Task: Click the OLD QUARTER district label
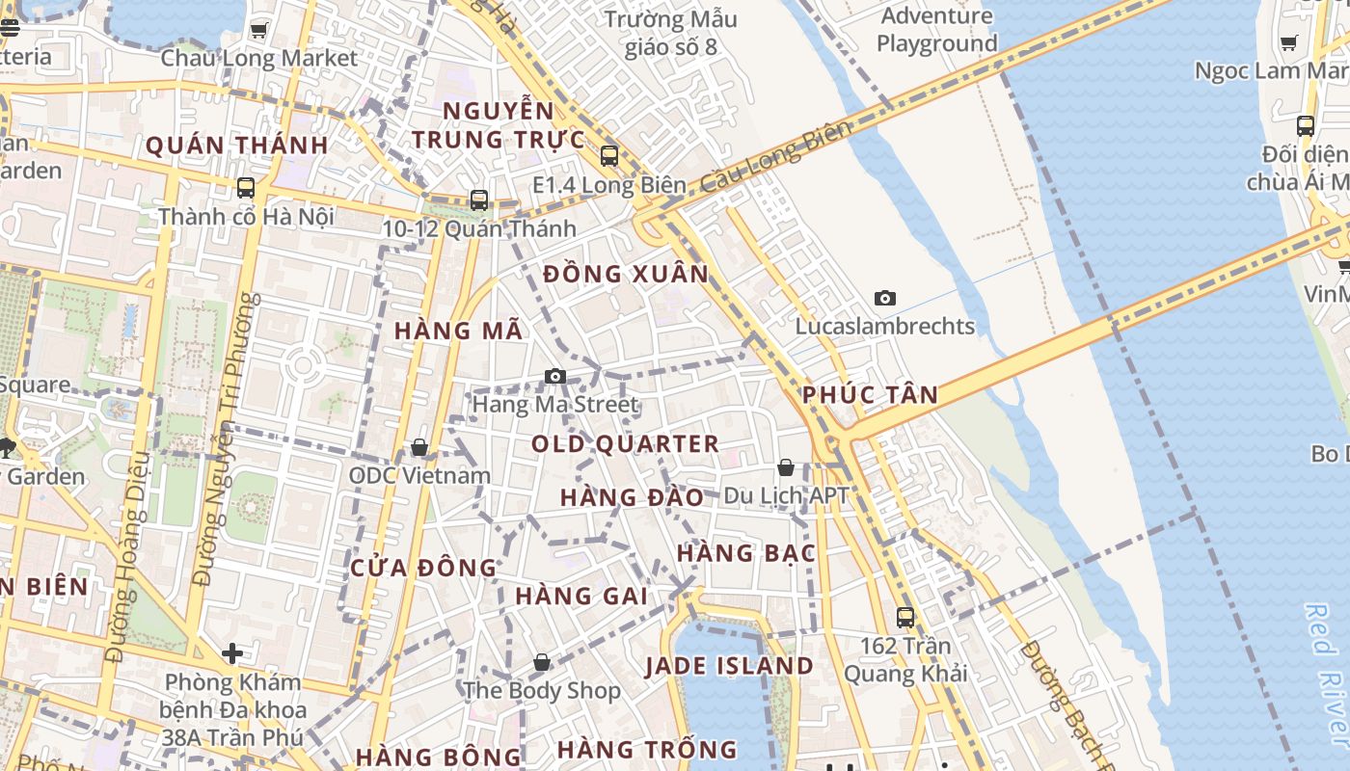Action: (x=625, y=444)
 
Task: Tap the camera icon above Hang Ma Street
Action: (x=555, y=376)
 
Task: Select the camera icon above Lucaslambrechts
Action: (x=884, y=299)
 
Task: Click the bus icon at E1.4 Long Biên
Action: (x=608, y=155)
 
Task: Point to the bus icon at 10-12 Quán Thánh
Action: (x=479, y=200)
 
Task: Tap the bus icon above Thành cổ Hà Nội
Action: (x=246, y=188)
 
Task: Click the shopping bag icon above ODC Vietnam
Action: (x=419, y=448)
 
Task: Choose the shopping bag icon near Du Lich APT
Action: (x=786, y=468)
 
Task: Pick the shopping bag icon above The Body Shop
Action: (x=542, y=662)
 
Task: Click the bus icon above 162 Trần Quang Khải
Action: (x=904, y=617)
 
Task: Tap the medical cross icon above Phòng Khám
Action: (x=232, y=653)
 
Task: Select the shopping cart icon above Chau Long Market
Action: (x=258, y=31)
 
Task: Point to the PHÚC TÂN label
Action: (x=870, y=394)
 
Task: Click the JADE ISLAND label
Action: (x=729, y=666)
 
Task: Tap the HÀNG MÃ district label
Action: (x=459, y=331)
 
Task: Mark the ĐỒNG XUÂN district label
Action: (x=626, y=274)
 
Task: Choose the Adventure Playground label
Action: (x=936, y=30)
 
